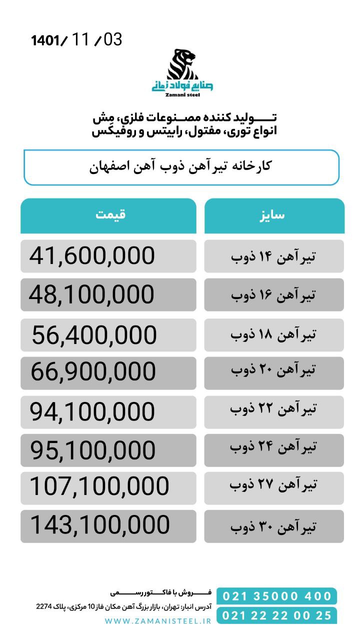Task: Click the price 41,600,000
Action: pos(92,256)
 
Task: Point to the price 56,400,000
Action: pos(94,335)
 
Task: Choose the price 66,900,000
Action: pos(93,372)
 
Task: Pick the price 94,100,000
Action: pos(92,412)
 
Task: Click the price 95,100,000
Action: pos(93,450)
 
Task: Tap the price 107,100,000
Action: pos(99,486)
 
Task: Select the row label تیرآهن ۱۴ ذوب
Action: pos(273,256)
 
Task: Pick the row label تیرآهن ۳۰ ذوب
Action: pos(273,526)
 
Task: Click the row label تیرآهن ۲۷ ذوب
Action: pos(273,484)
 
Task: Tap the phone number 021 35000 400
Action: pos(277,596)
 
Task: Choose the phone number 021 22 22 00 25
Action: pos(277,615)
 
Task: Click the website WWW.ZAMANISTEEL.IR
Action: pos(158,620)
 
